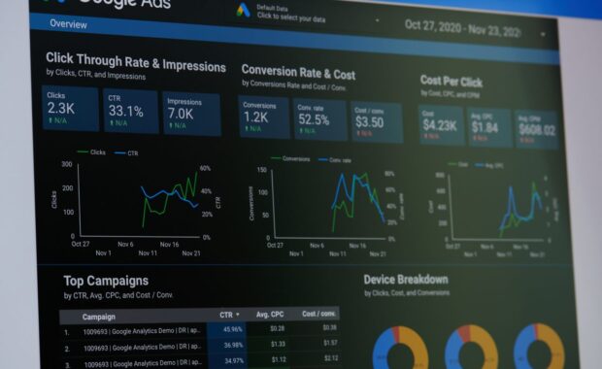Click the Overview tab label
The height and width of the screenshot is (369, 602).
coord(68,23)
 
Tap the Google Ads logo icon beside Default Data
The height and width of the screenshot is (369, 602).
coord(242,11)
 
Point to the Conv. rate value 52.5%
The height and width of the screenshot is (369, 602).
coord(315,119)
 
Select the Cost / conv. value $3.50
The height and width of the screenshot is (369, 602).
coord(369,122)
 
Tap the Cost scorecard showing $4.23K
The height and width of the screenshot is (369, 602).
coord(439,124)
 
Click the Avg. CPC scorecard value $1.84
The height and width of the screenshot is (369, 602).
coord(485,126)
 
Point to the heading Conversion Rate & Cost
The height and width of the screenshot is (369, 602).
coord(298,72)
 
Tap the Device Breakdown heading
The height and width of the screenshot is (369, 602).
coord(406,280)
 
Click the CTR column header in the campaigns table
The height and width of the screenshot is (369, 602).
coord(229,315)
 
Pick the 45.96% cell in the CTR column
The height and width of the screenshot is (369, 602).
coord(232,329)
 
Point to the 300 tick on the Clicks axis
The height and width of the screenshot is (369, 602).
coord(67,163)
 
